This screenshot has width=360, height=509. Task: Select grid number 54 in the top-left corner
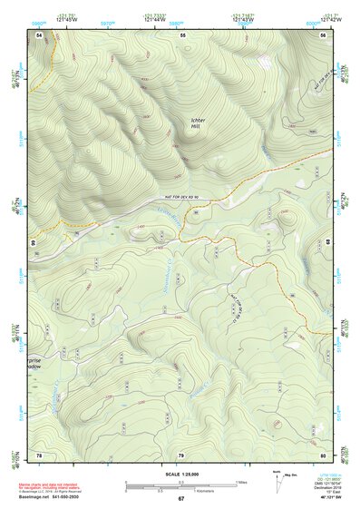click(x=39, y=34)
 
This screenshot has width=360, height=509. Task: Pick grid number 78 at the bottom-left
click(x=39, y=454)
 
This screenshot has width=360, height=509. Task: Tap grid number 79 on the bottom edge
click(x=181, y=454)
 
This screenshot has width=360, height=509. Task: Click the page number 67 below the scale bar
click(x=180, y=499)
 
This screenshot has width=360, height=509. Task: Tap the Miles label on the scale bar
click(x=241, y=481)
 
